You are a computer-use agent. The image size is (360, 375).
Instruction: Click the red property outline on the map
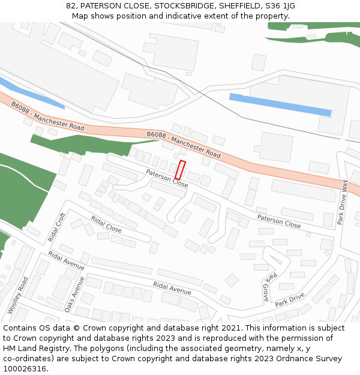tap(180, 170)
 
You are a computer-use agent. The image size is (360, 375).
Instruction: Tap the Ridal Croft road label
tap(57, 228)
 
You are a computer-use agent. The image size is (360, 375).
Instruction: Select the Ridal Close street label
tap(106, 224)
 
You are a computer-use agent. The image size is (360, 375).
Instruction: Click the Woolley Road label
tap(18, 295)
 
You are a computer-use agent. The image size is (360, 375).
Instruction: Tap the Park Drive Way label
tap(342, 202)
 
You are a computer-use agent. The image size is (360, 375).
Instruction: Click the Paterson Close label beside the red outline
tap(167, 178)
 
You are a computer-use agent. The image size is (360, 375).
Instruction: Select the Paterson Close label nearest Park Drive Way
tap(279, 221)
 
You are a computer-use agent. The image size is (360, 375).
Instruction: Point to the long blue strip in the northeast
tap(280, 104)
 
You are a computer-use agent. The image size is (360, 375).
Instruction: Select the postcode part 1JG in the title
tap(289, 6)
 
